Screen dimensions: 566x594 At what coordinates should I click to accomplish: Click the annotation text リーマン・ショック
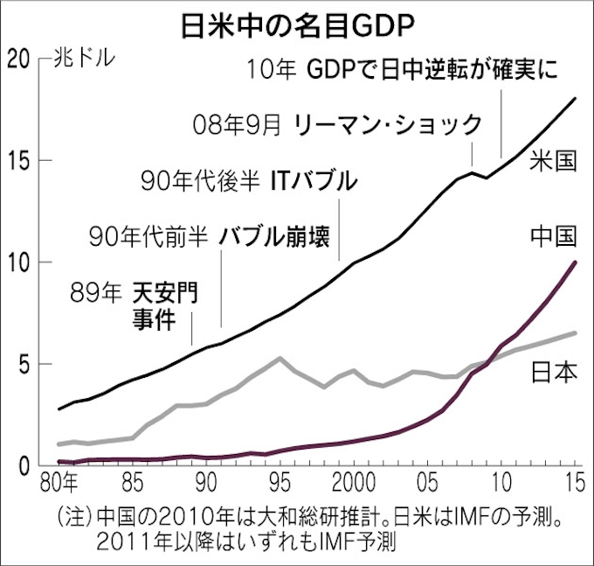tap(388, 123)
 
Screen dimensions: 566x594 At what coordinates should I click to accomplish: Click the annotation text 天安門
tap(166, 291)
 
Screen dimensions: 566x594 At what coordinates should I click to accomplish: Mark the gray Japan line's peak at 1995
tap(280, 358)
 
